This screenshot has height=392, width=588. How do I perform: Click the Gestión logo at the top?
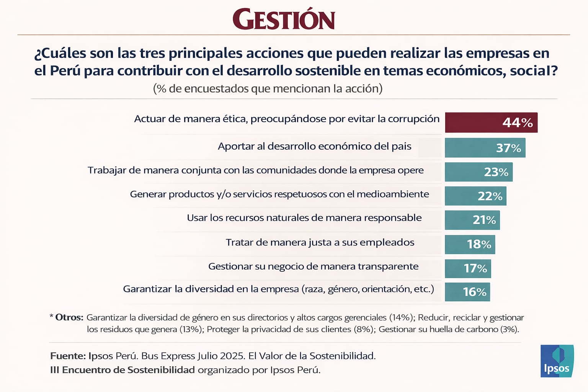tap(284, 20)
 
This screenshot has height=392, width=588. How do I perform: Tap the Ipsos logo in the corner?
tap(557, 361)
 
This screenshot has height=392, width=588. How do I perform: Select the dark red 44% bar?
tap(491, 122)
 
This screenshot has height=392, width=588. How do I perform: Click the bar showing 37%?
tap(485, 148)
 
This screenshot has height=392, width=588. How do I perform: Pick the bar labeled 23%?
tap(479, 172)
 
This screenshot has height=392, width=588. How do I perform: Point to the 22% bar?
tap(475, 196)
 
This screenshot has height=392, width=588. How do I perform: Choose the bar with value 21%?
tap(472, 220)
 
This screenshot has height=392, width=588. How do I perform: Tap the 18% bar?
tap(470, 244)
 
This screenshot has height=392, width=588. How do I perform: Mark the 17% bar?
tap(468, 268)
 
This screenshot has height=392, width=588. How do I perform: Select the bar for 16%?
tap(467, 292)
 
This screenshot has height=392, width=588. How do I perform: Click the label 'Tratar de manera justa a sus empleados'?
tap(320, 242)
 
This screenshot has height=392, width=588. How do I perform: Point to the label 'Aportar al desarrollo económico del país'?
tap(314, 146)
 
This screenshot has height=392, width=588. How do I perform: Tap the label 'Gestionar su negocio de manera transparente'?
tap(313, 266)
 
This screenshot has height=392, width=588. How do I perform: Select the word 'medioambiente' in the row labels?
tap(393, 194)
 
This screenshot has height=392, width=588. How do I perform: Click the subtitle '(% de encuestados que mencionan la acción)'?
tap(268, 88)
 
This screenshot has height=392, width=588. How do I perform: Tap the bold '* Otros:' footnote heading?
tap(67, 317)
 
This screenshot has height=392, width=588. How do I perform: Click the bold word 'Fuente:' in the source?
tap(68, 356)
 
